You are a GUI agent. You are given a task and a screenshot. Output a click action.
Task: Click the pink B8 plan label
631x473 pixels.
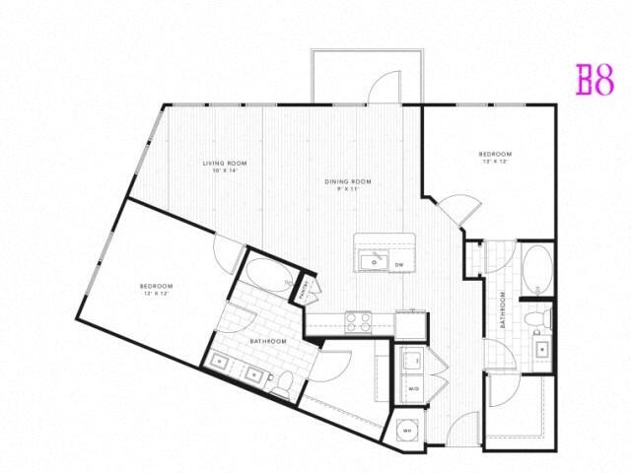(x=594, y=79)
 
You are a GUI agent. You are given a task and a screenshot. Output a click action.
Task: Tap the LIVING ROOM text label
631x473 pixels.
(x=225, y=163)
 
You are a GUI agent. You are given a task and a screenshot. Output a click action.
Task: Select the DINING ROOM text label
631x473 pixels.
(x=349, y=181)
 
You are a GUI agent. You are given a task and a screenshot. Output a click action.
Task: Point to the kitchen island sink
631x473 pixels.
(x=374, y=260)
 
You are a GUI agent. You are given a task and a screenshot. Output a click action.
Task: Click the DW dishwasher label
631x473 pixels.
(x=399, y=265)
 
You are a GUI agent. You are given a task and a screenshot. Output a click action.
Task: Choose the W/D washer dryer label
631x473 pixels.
(x=414, y=389)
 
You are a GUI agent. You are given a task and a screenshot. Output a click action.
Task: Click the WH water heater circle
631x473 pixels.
(x=407, y=430)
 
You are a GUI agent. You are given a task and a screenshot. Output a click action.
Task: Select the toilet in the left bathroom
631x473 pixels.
(x=281, y=384)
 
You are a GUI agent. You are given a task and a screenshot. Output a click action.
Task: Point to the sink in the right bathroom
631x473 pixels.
(x=540, y=349)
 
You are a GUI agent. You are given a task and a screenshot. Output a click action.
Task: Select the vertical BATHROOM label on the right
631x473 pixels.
(x=502, y=311)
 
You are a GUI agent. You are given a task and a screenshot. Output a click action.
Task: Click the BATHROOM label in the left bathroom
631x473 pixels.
(x=267, y=341)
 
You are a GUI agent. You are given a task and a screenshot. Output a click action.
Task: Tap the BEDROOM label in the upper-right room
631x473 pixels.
(x=495, y=154)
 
